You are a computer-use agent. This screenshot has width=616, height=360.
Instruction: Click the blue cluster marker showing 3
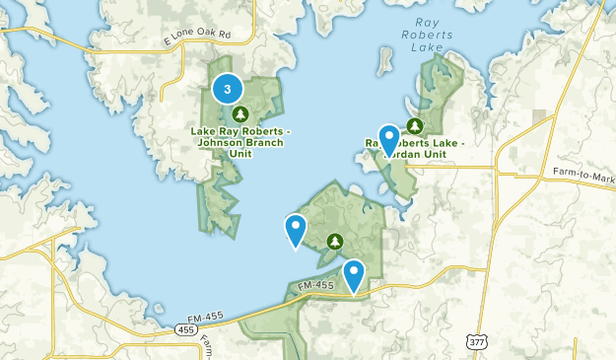click(229, 90)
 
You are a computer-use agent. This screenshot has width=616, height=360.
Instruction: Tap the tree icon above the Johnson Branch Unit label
click(237, 114)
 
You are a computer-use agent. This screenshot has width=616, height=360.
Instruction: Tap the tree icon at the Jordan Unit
click(415, 126)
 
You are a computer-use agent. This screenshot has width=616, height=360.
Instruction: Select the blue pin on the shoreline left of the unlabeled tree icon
click(295, 229)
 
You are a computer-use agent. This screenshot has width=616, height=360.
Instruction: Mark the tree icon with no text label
click(335, 241)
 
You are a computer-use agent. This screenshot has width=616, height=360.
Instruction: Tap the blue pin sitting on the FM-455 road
click(353, 273)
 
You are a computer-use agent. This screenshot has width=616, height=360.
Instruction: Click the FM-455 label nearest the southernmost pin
click(317, 286)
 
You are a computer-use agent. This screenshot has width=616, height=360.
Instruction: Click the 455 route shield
click(184, 328)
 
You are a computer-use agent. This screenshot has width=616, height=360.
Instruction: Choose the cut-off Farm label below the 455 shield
click(208, 346)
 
